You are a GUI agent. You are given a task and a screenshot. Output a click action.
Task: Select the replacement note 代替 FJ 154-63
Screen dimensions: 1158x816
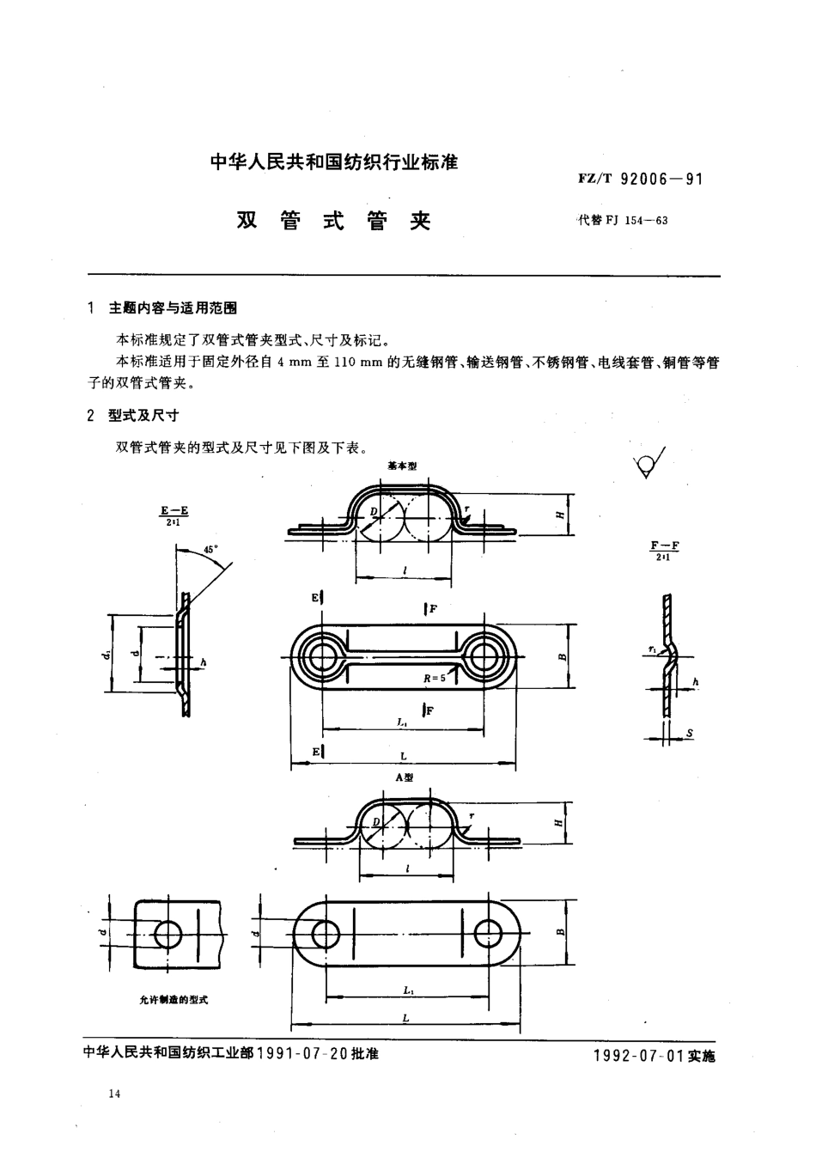(x=623, y=220)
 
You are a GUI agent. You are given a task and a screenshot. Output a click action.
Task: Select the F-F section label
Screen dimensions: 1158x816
(x=665, y=550)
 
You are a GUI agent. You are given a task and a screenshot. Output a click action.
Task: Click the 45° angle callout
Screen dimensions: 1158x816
(x=211, y=548)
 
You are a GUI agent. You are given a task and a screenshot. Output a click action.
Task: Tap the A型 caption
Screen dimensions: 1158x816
(x=404, y=777)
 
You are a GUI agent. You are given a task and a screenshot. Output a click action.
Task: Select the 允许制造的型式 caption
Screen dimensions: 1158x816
(x=174, y=1000)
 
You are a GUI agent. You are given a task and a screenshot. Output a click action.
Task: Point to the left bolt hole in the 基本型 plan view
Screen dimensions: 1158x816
(x=322, y=658)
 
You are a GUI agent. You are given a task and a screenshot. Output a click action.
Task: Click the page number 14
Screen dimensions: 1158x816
(x=115, y=1094)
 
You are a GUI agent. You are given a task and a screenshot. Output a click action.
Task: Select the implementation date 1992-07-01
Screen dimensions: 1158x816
(x=637, y=1056)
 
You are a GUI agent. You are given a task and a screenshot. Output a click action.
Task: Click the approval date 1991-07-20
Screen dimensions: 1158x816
(x=301, y=1053)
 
